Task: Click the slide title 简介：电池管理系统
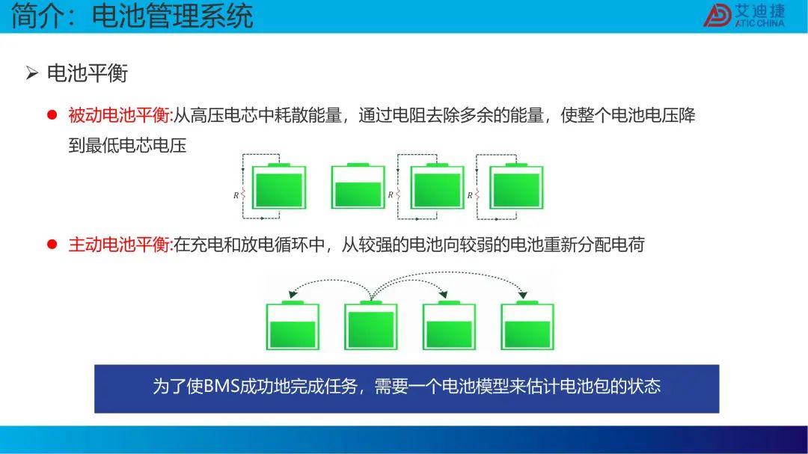132,16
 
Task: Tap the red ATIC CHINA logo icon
717,15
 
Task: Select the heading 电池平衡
87,73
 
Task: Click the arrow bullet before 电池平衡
32,73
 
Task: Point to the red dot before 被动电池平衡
52,114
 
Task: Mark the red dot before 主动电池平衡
52,244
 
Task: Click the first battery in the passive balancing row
279,186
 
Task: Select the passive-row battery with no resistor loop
358,186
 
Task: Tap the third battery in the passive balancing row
437,186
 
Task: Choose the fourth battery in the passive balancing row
516,186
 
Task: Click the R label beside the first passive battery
236,195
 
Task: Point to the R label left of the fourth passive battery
470,195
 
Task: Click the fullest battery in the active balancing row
371,325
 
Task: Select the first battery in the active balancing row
293,325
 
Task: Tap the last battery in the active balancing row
527,325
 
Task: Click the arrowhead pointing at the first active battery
293,294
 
